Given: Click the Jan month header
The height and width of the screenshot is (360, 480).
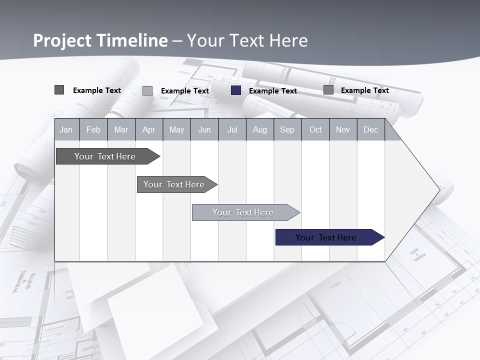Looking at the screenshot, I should tap(66, 130).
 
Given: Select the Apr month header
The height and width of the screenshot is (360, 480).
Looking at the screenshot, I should tap(149, 130).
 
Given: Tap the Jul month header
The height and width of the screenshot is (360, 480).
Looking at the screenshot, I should tap(232, 130).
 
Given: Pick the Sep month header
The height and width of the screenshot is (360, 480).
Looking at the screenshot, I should tap(287, 130).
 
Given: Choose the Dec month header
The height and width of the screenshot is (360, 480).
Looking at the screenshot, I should tap(370, 130).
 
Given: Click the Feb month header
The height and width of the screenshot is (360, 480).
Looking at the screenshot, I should tap(93, 130).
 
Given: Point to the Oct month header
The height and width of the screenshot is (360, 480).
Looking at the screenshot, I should tap(315, 130).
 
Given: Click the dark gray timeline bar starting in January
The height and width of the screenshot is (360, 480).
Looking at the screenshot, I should tap(105, 156).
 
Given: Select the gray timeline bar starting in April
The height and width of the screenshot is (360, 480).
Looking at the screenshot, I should tap(174, 184).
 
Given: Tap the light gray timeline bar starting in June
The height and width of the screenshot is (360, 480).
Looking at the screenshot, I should tap(243, 212).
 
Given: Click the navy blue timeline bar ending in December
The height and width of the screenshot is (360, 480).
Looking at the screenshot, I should tap(326, 237).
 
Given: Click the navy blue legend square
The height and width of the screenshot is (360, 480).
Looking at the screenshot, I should tap(236, 90).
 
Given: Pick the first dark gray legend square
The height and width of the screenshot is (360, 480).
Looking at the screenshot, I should tap(59, 90).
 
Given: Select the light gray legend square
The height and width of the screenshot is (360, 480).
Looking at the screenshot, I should tap(147, 90).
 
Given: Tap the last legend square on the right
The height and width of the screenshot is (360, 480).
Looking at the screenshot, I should tap(328, 90).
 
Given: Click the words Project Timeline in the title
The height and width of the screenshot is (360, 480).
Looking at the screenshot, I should tap(100, 40).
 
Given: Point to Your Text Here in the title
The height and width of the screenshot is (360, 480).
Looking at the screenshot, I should tap(247, 40).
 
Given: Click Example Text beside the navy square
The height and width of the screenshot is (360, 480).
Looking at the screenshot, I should tap(273, 91).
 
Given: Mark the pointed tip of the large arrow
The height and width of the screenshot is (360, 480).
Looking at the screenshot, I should tap(439, 190).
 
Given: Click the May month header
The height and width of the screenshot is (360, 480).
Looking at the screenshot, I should tap(176, 130).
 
